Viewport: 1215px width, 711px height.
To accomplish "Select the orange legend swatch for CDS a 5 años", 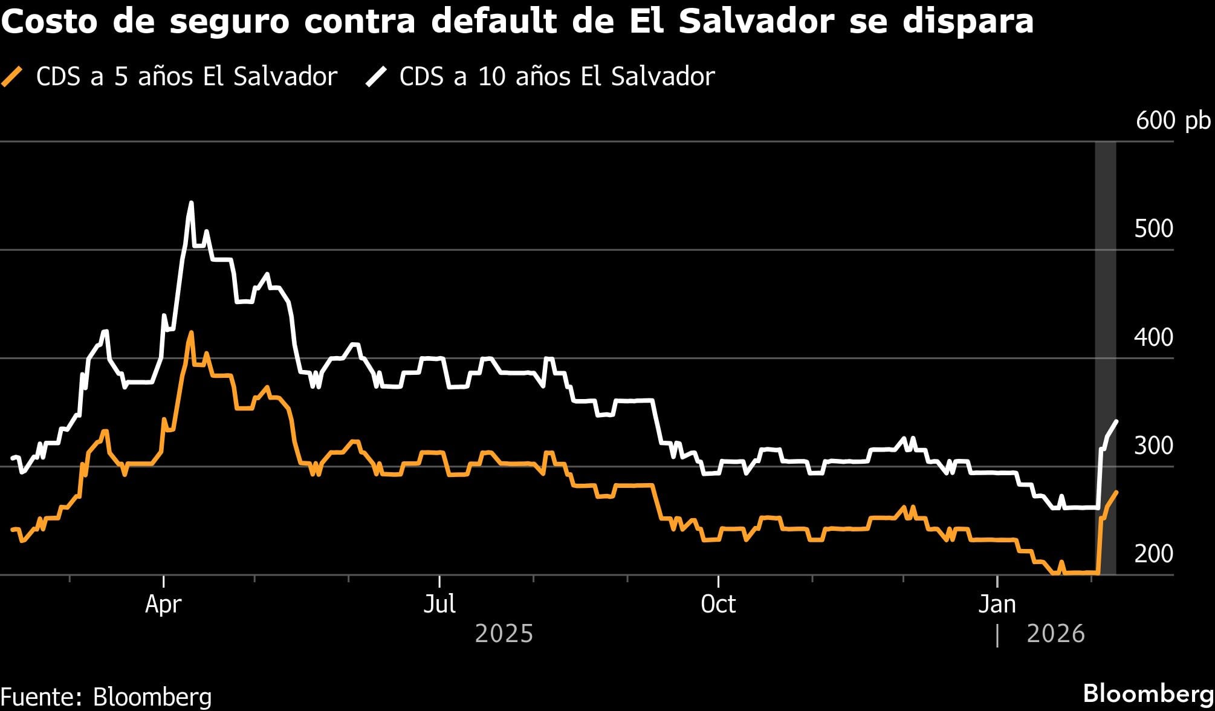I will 12,77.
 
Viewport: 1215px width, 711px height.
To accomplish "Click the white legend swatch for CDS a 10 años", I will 375,77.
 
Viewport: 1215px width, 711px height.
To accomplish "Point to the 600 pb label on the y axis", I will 1173,121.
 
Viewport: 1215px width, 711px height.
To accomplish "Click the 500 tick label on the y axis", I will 1153,229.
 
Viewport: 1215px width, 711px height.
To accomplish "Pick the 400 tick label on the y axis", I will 1153,337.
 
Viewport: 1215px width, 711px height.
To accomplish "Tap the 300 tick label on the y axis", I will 1153,446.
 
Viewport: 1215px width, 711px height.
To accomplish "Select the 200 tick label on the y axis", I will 1153,554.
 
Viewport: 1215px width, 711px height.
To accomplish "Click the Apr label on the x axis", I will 163,604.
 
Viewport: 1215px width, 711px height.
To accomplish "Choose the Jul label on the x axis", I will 439,604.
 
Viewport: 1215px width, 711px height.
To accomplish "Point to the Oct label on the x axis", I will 718,604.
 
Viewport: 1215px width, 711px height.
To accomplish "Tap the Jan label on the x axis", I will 997,604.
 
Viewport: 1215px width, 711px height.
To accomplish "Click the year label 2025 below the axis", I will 504,634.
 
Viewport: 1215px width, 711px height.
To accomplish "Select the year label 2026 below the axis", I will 1055,634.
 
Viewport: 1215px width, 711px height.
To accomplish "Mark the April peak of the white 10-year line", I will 191,203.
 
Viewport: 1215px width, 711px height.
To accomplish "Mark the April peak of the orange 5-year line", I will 192,333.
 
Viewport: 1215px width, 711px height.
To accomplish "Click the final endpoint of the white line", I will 1116,421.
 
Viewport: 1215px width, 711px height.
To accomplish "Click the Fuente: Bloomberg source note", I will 106,697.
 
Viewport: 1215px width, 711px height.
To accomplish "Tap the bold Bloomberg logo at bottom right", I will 1148,693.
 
